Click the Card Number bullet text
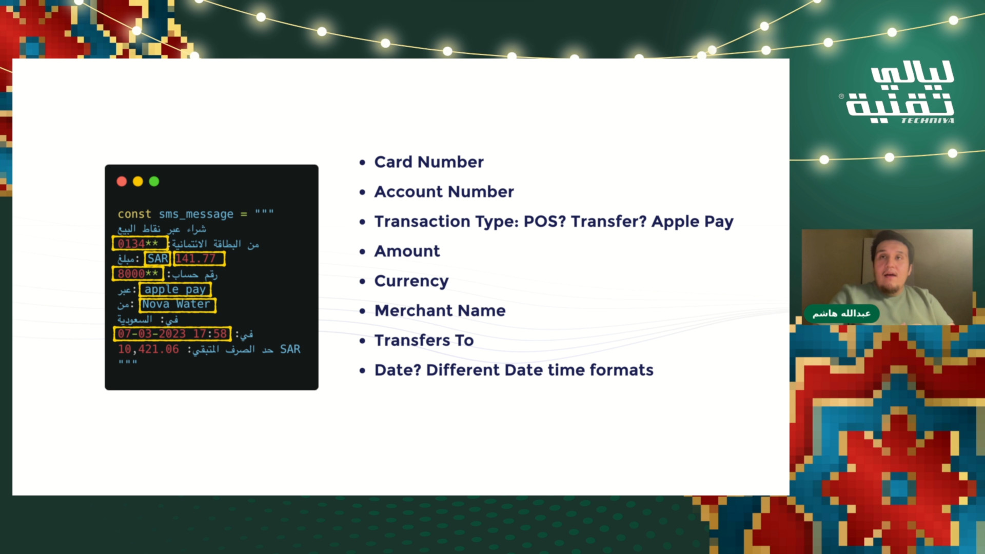pos(429,162)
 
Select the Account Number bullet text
pos(444,192)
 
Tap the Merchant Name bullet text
pos(440,311)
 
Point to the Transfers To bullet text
pos(424,341)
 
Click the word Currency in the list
pos(411,282)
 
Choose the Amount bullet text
pos(407,251)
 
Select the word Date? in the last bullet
pos(398,370)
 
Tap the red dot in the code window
pos(122,181)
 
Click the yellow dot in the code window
pos(138,181)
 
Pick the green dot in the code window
pos(154,181)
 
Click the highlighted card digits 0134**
pos(140,244)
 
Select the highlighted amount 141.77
pos(199,259)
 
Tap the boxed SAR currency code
pos(157,259)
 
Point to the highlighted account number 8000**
pos(138,274)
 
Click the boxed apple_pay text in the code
pos(175,289)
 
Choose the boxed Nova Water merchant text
pos(177,305)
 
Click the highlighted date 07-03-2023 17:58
pos(172,334)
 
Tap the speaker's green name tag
pos(841,313)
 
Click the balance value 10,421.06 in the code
pos(148,349)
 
